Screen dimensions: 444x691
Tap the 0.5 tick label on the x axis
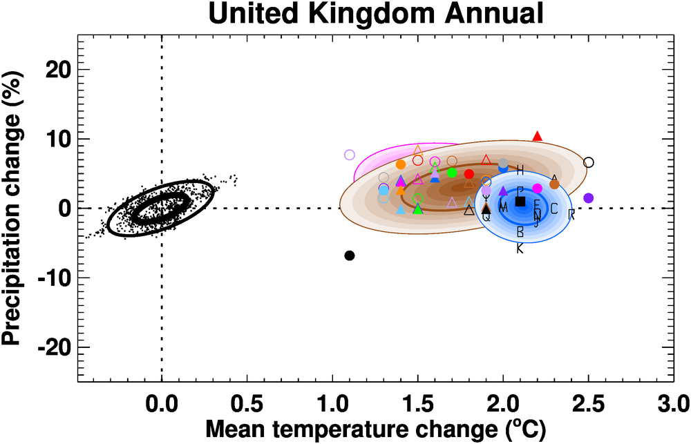[x=247, y=403]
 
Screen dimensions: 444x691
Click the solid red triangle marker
[x=538, y=136]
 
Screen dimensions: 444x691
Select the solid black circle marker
[x=350, y=255]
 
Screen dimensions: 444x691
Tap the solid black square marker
[x=520, y=201]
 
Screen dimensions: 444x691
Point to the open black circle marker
[x=589, y=162]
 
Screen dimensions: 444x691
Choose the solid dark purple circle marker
[x=589, y=198]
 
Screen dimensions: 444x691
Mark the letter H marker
[x=520, y=170]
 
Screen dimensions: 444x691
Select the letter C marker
[x=554, y=209]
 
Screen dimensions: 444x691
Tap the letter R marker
[x=571, y=214]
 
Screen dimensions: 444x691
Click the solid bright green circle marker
[x=452, y=173]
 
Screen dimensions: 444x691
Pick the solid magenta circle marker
[x=538, y=189]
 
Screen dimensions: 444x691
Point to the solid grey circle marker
[x=503, y=164]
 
